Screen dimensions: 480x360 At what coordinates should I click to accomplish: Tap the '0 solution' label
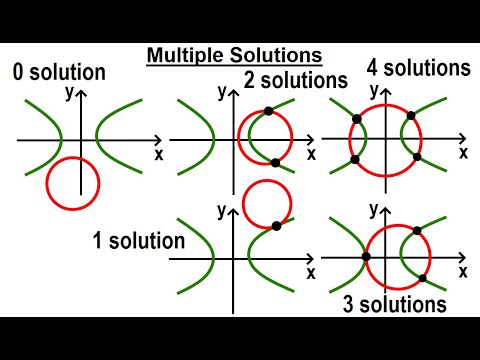coord(60,71)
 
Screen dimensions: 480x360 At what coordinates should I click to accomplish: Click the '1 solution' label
coord(138,240)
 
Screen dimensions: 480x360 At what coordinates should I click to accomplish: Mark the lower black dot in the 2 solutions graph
coord(275,162)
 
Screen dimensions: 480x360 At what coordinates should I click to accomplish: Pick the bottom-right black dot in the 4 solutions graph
coord(417,157)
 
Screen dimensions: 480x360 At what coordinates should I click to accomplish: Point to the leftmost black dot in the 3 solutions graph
coord(367,257)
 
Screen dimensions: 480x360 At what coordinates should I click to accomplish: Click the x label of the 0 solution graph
coord(159,154)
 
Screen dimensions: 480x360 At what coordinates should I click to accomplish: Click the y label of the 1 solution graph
coord(221,211)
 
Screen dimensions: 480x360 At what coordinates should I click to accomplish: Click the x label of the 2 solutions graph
coord(311,154)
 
